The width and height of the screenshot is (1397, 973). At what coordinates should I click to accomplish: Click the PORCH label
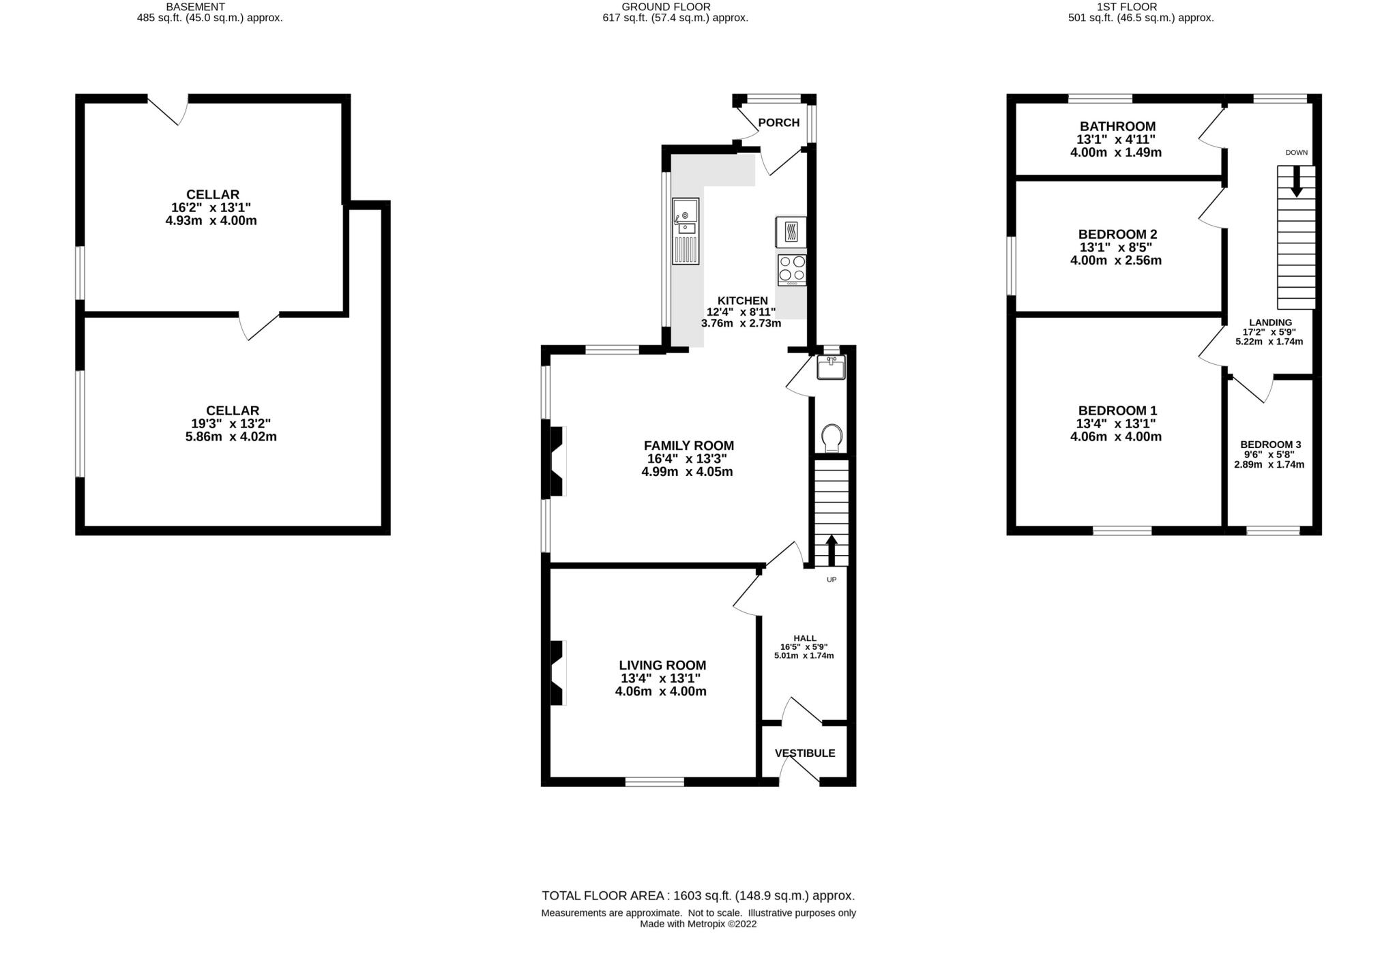coord(778,123)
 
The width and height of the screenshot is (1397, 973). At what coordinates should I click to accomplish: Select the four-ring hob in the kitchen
coord(792,269)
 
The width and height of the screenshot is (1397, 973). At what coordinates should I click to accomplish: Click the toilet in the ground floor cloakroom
coord(832,437)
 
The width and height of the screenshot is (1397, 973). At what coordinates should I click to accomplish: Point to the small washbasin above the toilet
coord(831,368)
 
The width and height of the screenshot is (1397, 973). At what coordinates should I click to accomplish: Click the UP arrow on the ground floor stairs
coord(832,550)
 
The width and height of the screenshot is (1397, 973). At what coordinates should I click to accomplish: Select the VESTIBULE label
coord(804,753)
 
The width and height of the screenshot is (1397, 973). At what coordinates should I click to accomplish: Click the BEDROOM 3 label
coord(1270,445)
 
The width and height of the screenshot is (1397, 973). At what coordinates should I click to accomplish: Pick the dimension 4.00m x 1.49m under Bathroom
coord(1116,153)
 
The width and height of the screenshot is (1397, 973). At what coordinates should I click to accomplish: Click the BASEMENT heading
coord(195,7)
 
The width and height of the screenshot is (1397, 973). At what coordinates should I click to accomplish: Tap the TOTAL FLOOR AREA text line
coord(698,895)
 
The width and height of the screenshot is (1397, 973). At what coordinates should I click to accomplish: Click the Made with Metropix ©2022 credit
coord(698,924)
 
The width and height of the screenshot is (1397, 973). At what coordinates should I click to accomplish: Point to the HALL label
coord(805,638)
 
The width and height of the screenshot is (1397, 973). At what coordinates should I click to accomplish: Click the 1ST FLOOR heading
coord(1140,7)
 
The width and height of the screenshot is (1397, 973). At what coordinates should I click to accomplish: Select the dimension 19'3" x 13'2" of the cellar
coord(232,423)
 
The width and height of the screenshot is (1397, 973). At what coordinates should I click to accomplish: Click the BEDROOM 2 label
coord(1117,234)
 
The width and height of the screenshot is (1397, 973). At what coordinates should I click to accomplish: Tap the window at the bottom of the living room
coord(655,782)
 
